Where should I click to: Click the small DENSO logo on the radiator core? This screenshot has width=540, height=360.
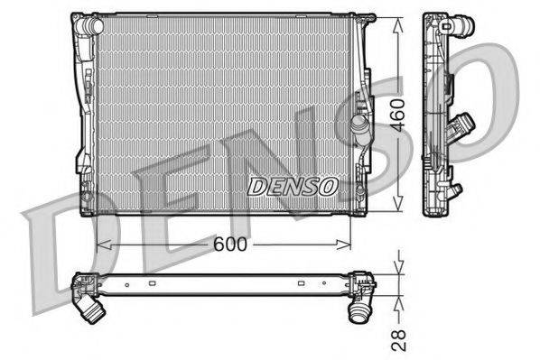[x=292, y=186]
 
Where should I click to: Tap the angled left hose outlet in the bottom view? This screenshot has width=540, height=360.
[x=92, y=312]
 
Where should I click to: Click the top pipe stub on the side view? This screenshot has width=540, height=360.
[x=462, y=30]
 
